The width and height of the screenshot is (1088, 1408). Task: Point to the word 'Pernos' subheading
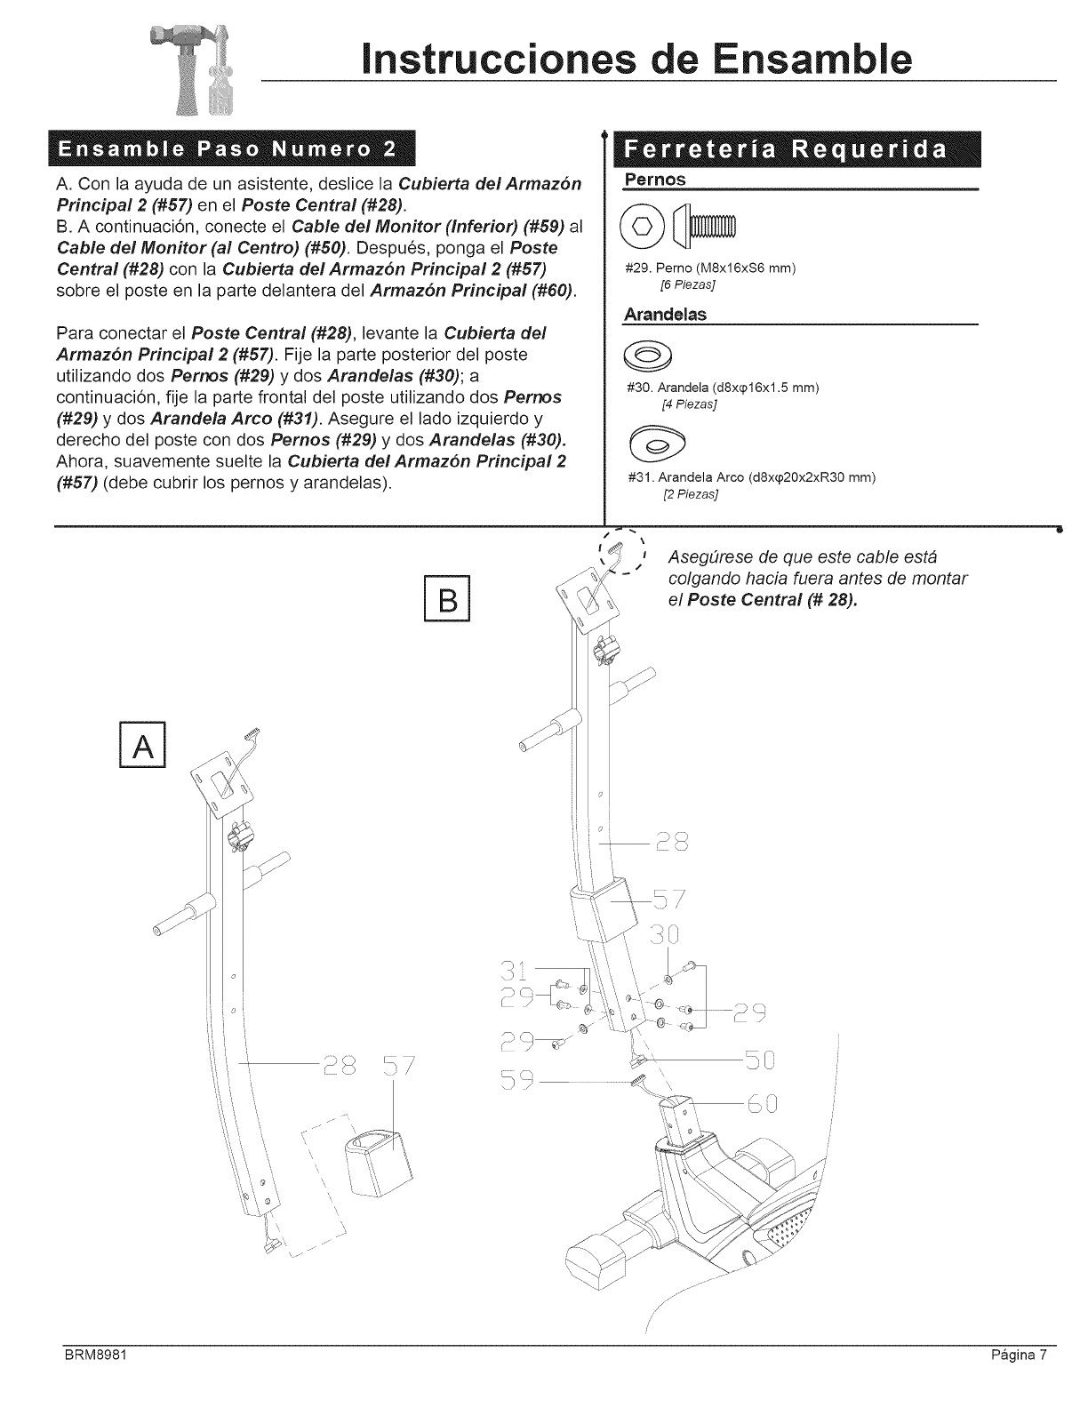tap(656, 180)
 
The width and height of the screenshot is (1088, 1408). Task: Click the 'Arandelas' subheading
tap(664, 316)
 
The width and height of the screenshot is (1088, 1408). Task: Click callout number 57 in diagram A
tap(392, 1066)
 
